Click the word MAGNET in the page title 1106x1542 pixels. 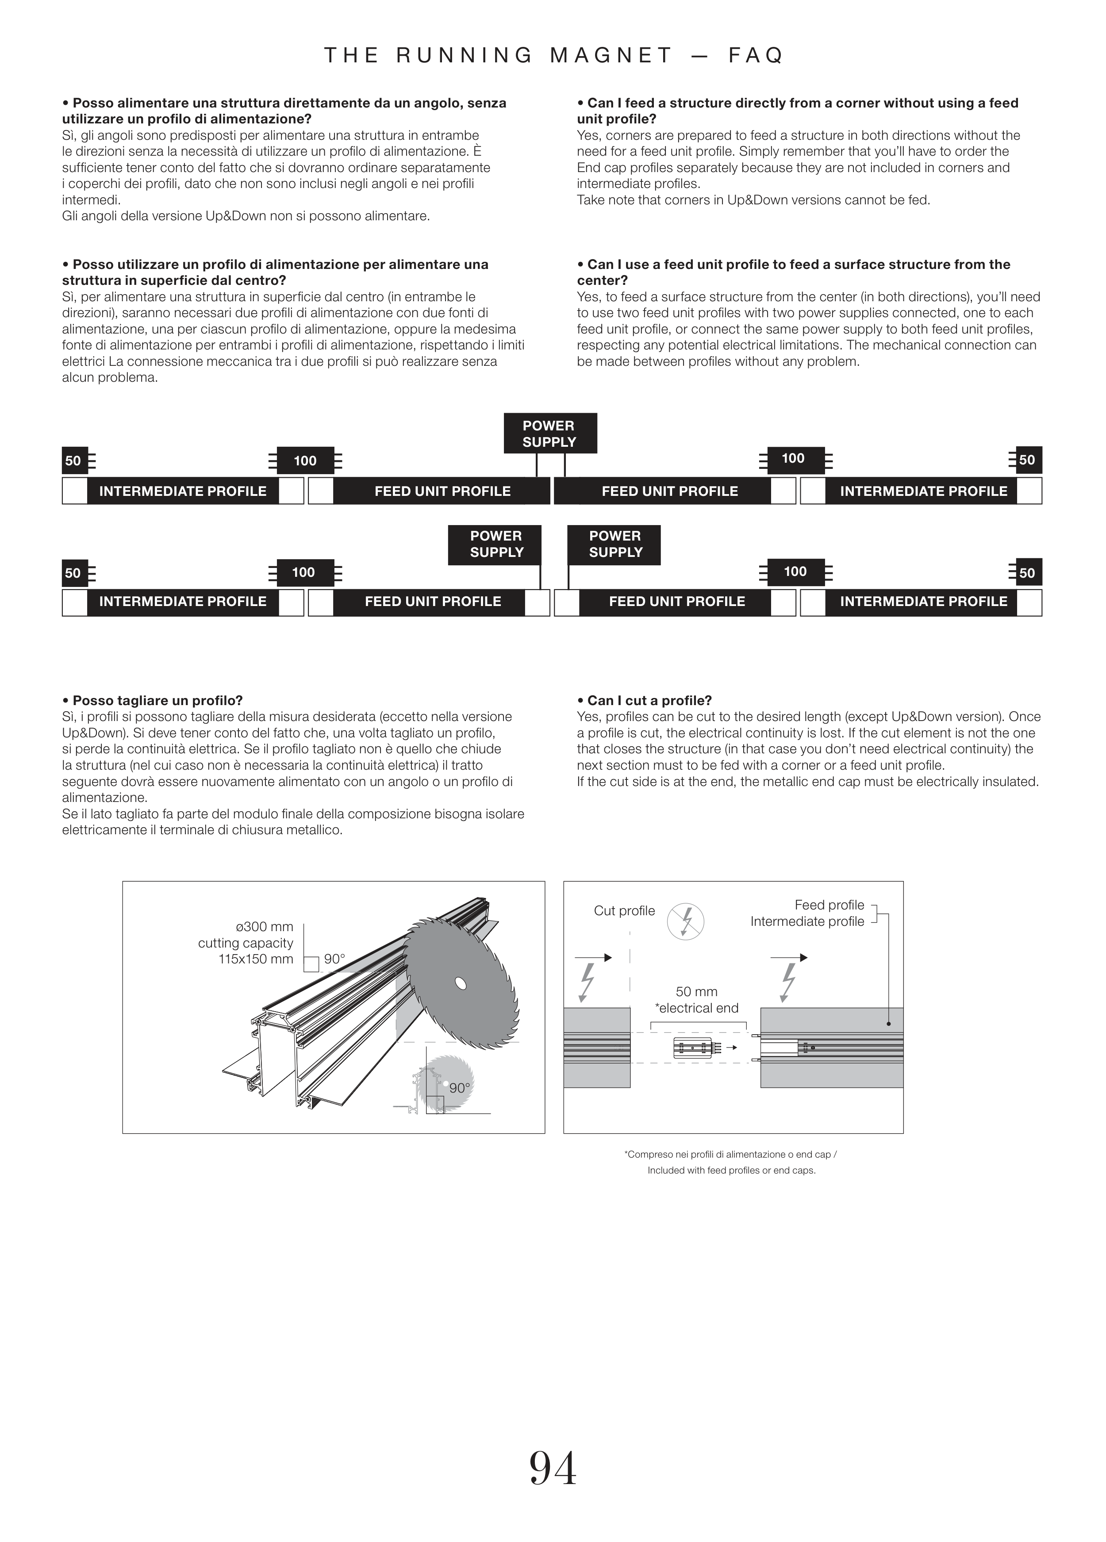point(611,55)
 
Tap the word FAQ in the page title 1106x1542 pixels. point(756,55)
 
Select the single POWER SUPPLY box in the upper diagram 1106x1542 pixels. point(550,433)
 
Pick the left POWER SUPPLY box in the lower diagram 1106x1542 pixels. point(495,544)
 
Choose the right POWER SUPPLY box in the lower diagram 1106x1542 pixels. point(614,544)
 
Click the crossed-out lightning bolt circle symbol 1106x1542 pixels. point(685,922)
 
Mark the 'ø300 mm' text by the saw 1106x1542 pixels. point(265,927)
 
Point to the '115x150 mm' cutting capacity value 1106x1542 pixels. point(256,959)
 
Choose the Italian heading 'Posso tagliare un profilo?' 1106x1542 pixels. point(152,700)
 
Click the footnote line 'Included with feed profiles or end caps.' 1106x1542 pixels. point(731,1170)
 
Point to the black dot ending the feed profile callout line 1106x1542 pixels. point(888,1023)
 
